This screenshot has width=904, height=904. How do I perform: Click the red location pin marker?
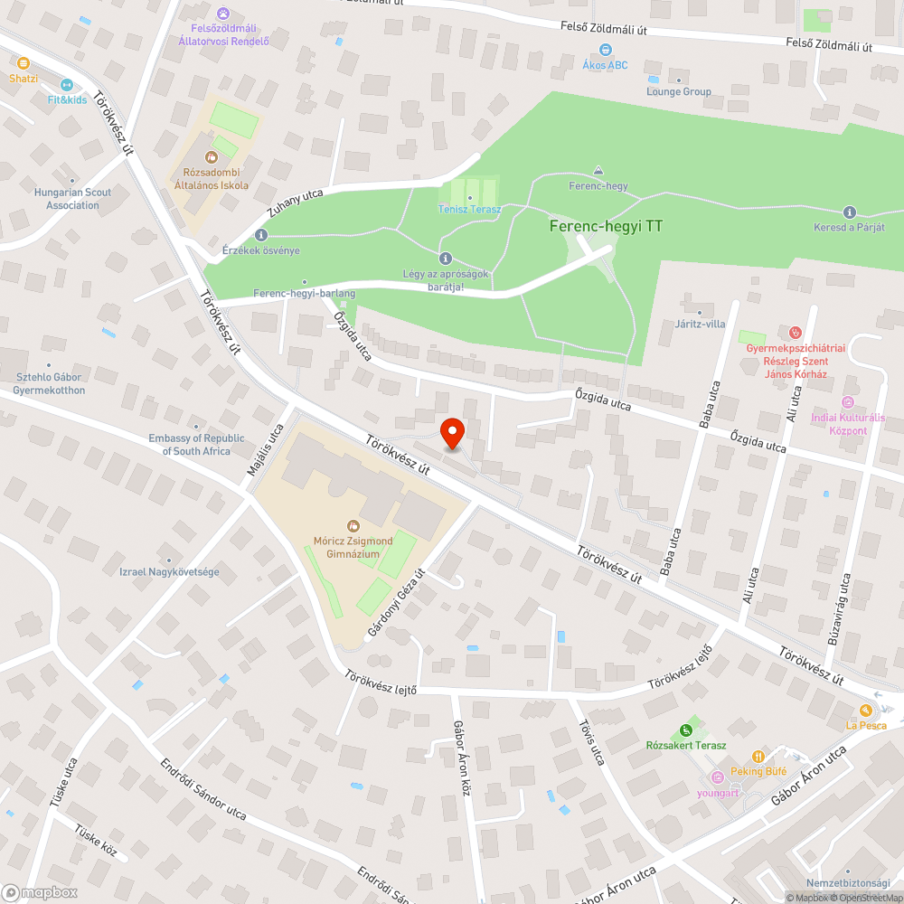[451, 431]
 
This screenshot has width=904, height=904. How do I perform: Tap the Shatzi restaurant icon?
[24, 63]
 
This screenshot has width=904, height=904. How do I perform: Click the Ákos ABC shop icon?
[605, 50]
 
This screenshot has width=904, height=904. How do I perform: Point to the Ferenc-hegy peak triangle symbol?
[598, 171]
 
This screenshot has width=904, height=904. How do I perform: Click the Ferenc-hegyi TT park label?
[606, 226]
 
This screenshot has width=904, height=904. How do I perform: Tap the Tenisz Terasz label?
[469, 209]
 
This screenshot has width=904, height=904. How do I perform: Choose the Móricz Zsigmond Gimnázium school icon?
[353, 525]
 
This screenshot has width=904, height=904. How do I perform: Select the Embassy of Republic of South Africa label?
[196, 445]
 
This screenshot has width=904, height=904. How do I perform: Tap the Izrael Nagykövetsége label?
[170, 571]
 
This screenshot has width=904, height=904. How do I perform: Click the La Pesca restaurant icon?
[866, 710]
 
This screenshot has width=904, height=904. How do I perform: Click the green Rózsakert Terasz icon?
[685, 730]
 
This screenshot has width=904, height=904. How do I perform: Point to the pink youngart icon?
[718, 777]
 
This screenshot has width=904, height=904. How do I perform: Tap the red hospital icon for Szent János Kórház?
[796, 333]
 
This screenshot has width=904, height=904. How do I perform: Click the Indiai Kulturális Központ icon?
[848, 402]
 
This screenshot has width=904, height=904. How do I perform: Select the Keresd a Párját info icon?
[848, 211]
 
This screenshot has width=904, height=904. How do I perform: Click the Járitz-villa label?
[700, 324]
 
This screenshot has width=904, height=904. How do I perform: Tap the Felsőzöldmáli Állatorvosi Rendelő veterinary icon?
[224, 14]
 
